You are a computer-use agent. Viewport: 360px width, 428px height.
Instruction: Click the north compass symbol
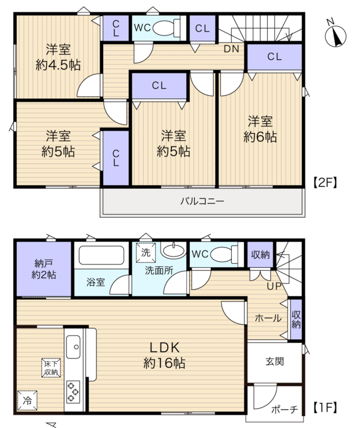pos(335,35)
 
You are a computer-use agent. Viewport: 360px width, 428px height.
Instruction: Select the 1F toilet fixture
pos(224,254)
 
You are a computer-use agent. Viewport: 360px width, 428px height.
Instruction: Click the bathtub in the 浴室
pos(101,255)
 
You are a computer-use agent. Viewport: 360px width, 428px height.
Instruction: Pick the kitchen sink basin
pos(73,347)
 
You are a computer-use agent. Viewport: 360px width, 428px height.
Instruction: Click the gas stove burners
pos(73,392)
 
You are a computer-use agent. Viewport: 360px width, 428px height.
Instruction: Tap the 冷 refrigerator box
pos(27,400)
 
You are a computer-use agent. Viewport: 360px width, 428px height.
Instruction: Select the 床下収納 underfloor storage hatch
pos(51,367)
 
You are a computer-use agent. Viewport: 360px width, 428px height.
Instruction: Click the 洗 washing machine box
pos(146,252)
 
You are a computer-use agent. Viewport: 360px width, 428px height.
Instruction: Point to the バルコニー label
pos(202,201)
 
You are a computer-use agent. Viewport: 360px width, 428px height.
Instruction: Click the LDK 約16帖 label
pos(165,355)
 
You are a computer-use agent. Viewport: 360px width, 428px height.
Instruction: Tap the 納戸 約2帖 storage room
pos(44,269)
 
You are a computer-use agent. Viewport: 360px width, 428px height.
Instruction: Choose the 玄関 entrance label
pos(274,361)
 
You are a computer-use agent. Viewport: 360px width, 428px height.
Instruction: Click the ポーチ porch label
pos(285,409)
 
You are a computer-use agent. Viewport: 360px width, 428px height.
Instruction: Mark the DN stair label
pos(232,49)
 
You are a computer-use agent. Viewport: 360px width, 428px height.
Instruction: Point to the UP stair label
pos(274,286)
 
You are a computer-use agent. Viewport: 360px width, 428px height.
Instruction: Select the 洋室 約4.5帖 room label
pos(58,58)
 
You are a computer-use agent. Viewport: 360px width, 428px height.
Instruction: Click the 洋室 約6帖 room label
pos(260,129)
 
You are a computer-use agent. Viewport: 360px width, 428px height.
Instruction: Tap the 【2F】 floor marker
pos(325,182)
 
